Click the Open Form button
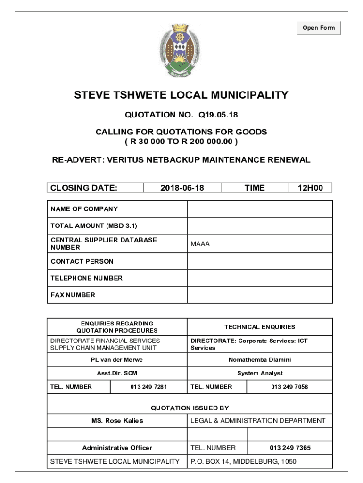[x=319, y=28]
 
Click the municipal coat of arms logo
[x=181, y=51]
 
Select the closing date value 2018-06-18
[x=182, y=188]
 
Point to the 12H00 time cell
[x=310, y=188]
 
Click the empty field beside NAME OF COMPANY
[x=260, y=209]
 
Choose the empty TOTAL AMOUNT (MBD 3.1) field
[x=260, y=226]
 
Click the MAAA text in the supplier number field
[x=200, y=244]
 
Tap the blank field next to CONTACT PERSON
[x=260, y=261]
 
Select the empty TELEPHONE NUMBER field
[x=260, y=278]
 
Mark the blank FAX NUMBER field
[x=260, y=295]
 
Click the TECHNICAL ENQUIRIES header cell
[x=260, y=327]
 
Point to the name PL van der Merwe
[x=117, y=360]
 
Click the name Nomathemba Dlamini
[x=260, y=360]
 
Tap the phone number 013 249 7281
[x=148, y=387]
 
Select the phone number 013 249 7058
[x=289, y=387]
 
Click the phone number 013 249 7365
[x=290, y=448]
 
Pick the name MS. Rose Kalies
[x=117, y=420]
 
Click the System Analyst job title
[x=260, y=373]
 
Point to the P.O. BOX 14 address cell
[x=243, y=461]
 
